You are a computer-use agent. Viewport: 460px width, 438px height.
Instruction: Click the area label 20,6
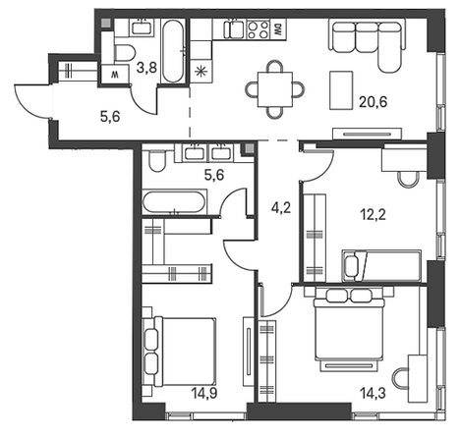(x=373, y=102)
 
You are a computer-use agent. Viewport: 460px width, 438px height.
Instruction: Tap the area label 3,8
(x=146, y=68)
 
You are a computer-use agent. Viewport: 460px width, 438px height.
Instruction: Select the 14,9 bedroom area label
(x=204, y=393)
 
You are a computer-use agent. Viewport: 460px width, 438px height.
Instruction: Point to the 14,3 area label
(x=373, y=393)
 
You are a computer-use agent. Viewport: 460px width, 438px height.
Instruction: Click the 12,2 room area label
(x=373, y=215)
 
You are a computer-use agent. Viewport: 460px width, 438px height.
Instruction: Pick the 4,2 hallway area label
(x=281, y=207)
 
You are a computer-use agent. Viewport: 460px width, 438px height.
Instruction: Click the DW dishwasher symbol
(x=278, y=30)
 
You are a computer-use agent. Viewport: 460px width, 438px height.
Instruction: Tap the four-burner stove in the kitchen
(x=259, y=29)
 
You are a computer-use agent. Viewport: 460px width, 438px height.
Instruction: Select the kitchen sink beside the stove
(x=234, y=28)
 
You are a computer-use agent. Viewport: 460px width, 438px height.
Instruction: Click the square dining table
(x=275, y=89)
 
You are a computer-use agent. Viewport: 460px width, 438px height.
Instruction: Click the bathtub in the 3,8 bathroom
(x=173, y=51)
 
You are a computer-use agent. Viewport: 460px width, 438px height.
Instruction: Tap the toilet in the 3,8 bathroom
(x=124, y=52)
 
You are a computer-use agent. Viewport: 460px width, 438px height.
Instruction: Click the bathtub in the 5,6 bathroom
(x=174, y=202)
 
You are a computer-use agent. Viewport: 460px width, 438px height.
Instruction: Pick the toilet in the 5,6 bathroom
(x=157, y=160)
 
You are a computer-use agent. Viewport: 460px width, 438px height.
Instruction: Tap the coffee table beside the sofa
(x=341, y=90)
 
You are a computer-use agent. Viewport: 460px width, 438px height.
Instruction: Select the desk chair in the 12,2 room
(x=408, y=180)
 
